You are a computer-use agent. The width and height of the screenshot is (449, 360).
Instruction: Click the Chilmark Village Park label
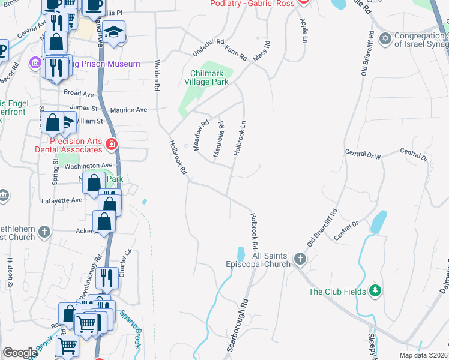point(206,77)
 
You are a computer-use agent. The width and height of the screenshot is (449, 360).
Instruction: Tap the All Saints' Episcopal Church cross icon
point(300,259)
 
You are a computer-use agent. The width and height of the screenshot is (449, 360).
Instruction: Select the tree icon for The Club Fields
point(376,291)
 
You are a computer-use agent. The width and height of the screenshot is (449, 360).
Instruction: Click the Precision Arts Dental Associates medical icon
point(111,144)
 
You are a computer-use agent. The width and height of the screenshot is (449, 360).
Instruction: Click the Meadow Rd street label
point(201,135)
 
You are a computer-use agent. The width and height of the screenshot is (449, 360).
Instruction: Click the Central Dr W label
point(363,155)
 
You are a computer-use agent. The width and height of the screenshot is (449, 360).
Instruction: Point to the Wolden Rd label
point(157,75)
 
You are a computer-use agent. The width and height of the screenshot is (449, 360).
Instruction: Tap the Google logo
point(20,353)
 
